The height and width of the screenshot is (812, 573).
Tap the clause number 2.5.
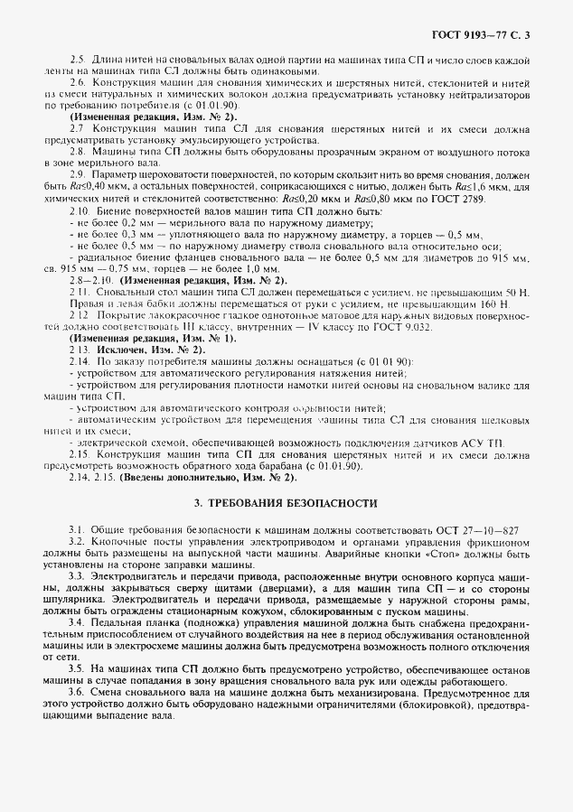(77, 59)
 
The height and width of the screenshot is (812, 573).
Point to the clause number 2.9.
(78, 173)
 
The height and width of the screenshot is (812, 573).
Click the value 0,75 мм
(121, 269)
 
